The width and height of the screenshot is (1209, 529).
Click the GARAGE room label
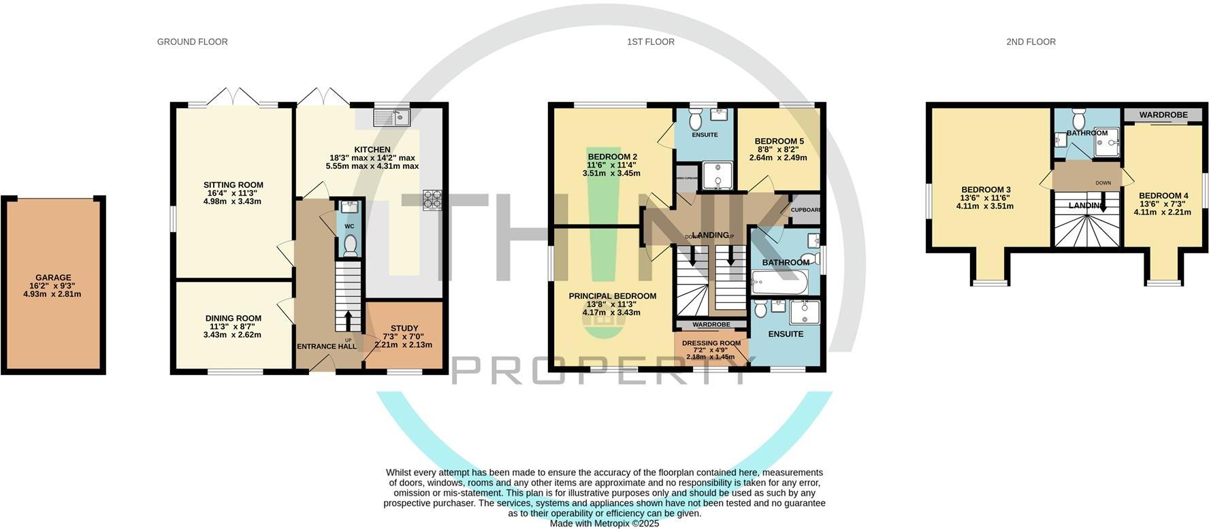point(53,278)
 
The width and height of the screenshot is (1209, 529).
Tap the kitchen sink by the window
point(391,118)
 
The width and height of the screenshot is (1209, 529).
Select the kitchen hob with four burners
point(432,200)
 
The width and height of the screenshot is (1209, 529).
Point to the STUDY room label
point(404,328)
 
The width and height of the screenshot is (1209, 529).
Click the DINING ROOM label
point(233,318)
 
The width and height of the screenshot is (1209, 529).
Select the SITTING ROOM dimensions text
point(233,197)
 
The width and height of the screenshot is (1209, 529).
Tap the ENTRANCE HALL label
point(327,347)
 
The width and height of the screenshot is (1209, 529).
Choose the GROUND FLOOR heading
point(192,42)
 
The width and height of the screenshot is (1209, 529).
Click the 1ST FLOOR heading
point(651,42)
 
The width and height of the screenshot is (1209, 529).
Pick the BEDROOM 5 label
point(779,142)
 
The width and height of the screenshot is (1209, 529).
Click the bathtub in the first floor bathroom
point(779,281)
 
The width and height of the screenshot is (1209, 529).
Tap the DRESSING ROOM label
point(711,343)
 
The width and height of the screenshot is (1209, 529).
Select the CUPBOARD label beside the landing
point(805,210)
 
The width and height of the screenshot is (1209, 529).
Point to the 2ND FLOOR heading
point(1031,42)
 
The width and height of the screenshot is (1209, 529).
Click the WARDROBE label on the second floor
point(1163,115)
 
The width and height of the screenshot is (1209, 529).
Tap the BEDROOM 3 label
point(985,189)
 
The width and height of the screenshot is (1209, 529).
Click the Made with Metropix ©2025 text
point(604,524)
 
